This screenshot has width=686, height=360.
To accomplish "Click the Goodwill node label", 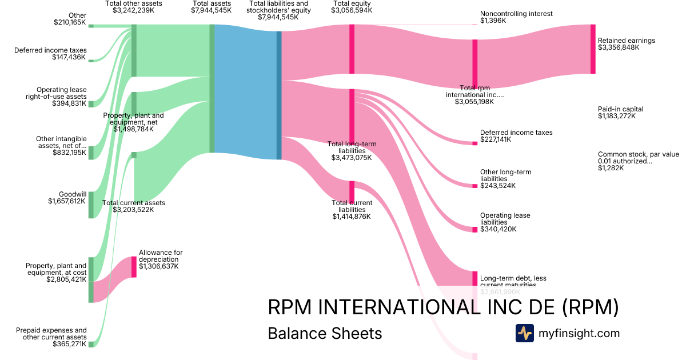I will coord(73,194).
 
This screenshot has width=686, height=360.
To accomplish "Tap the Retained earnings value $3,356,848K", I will coord(619,47).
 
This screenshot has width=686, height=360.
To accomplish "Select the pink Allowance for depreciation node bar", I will coord(134,267).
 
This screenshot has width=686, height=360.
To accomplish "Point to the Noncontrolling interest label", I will coord(516,14).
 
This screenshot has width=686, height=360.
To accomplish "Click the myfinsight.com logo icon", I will coord(524,333).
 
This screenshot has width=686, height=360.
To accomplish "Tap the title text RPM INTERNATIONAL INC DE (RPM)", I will coord(443,307).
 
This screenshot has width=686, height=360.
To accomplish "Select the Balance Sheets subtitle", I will coord(325,333).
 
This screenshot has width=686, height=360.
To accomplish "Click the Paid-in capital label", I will coord(620,109).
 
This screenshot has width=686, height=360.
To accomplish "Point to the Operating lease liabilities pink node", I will coord(474,229).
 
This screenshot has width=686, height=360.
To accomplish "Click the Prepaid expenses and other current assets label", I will coord(51,334).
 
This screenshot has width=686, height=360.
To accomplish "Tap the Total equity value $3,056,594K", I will coord(352,10).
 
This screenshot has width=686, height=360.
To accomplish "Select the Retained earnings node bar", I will coord(593,49).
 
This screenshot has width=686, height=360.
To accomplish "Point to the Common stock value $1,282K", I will coord(611,168).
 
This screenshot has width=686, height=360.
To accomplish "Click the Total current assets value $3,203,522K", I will coord(133,210).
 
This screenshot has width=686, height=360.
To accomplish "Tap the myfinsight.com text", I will coord(579,333).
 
